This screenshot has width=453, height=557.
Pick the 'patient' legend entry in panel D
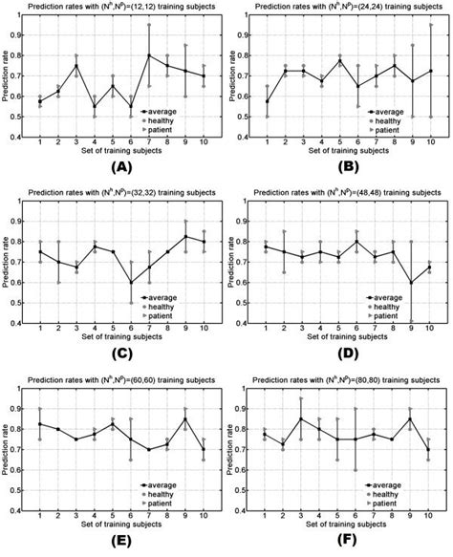(398, 314)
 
